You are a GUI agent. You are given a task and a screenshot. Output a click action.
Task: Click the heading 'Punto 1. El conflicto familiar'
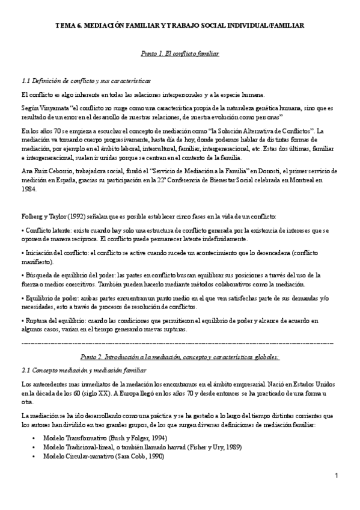pyautogui.click(x=179, y=54)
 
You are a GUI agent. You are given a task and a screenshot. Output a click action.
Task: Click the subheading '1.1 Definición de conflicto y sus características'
pyautogui.click(x=85, y=80)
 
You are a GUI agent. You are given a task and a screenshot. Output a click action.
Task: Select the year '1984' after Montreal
pyautogui.click(x=28, y=188)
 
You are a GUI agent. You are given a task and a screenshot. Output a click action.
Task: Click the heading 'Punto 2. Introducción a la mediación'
pyautogui.click(x=179, y=357)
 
